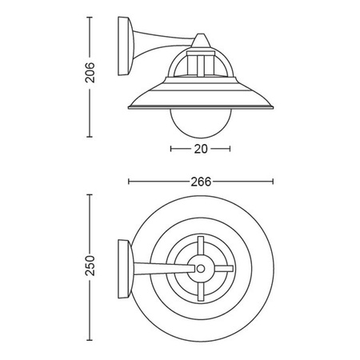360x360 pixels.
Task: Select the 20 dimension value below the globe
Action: (x=200, y=148)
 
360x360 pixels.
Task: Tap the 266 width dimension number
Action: (x=201, y=182)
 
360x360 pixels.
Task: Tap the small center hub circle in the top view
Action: (x=200, y=270)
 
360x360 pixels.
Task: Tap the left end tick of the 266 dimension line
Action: (x=128, y=182)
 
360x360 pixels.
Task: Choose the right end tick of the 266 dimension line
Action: (x=273, y=182)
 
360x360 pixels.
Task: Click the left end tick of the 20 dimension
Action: (x=171, y=148)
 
